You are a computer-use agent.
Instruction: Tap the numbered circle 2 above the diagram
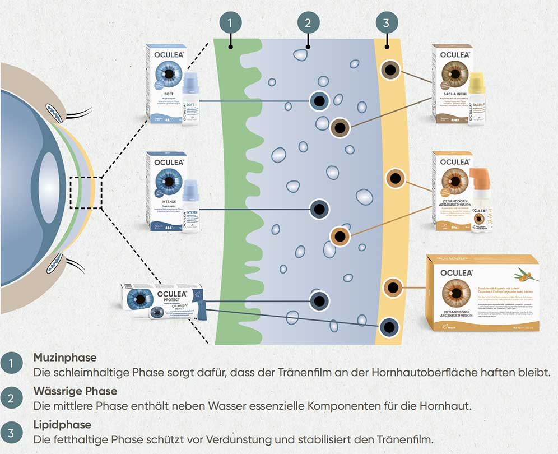[x=308, y=23]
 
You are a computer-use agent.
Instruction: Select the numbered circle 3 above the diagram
[x=387, y=23]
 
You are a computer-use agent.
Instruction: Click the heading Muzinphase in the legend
[x=65, y=357]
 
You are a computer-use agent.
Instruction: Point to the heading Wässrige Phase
[x=75, y=391]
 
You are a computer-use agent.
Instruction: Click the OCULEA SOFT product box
[x=165, y=84]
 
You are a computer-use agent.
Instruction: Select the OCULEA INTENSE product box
[x=165, y=191]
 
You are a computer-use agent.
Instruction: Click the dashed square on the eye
[x=86, y=192]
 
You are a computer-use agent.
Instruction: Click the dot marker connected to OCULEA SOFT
[x=319, y=101]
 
